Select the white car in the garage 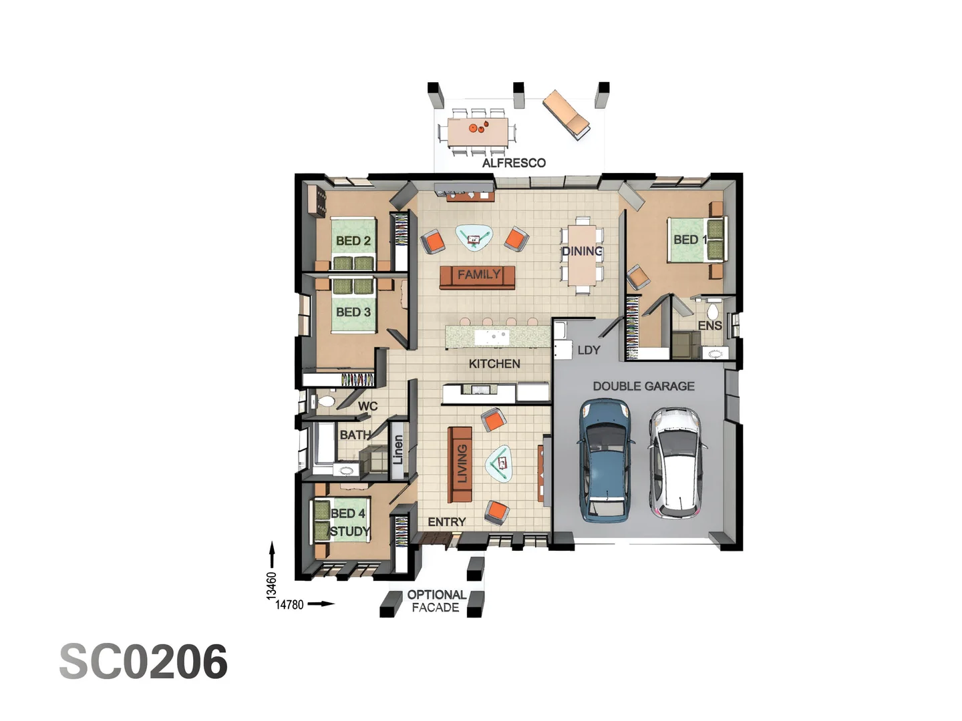pos(676,462)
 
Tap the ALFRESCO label pos(514,163)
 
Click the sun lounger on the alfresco pos(567,115)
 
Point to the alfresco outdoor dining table pos(478,132)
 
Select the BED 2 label pos(353,241)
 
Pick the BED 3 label pos(353,312)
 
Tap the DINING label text pos(582,252)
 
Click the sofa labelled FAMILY pos(478,275)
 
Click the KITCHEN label pos(494,364)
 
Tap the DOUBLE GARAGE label pos(643,387)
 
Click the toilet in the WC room pos(325,402)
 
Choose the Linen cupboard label pos(398,450)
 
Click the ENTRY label pos(446,522)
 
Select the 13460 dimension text pos(271,585)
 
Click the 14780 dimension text pos(289,605)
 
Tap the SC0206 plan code pos(144,662)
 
